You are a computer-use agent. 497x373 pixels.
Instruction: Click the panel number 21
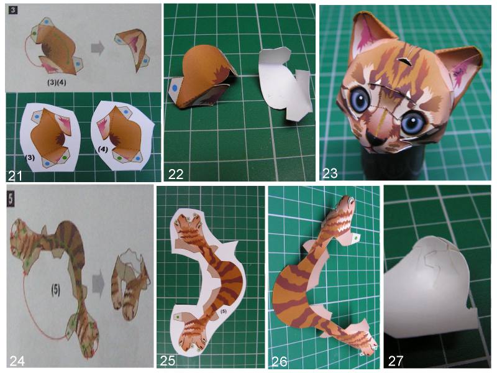click(15, 175)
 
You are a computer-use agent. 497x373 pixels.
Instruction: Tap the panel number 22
click(176, 174)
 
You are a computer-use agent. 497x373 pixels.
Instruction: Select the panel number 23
click(330, 173)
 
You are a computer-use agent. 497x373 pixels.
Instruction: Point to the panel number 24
click(17, 361)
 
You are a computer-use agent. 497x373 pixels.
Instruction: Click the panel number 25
click(168, 361)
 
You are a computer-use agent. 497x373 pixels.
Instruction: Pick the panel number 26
click(279, 361)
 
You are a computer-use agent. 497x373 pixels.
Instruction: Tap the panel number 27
click(395, 361)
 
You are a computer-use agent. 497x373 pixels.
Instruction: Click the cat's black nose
click(375, 139)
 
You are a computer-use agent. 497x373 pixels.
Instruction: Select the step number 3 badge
click(13, 11)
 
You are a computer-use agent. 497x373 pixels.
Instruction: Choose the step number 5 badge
click(11, 199)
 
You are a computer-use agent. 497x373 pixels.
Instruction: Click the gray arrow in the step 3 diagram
click(98, 48)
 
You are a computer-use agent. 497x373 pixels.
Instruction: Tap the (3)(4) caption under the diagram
click(57, 83)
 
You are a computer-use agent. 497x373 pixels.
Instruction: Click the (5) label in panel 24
click(56, 290)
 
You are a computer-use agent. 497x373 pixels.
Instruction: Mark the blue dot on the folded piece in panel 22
click(175, 88)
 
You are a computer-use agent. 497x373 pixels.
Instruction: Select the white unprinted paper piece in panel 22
click(284, 83)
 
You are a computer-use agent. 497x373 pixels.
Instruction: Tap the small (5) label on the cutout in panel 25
click(224, 311)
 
